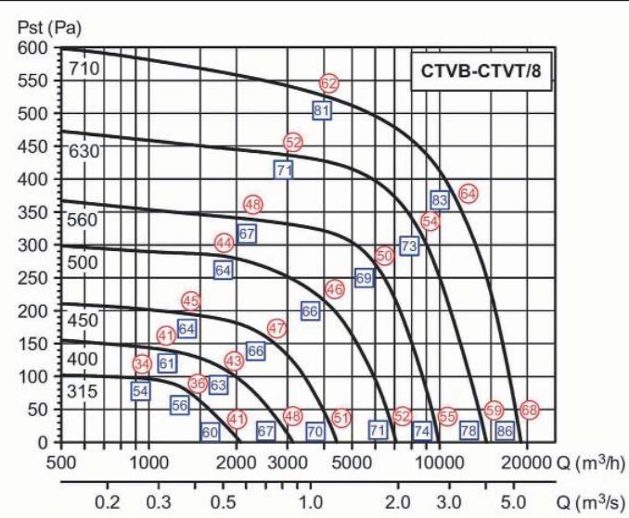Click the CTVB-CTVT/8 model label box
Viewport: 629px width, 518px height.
(x=481, y=71)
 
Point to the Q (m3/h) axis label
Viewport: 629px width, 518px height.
(x=590, y=461)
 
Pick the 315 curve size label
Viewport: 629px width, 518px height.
(x=82, y=391)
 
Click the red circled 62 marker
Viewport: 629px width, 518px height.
(x=328, y=83)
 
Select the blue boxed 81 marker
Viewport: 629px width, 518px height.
(x=322, y=110)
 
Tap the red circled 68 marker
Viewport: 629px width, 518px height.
(x=529, y=410)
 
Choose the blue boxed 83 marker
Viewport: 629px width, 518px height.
(x=440, y=199)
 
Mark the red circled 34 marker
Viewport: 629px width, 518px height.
(x=142, y=364)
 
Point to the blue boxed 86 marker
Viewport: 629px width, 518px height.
(x=505, y=431)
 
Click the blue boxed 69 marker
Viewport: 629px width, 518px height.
(x=364, y=278)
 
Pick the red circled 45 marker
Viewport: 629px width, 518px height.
(x=191, y=301)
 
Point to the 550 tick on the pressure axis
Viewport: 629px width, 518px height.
(x=33, y=81)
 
